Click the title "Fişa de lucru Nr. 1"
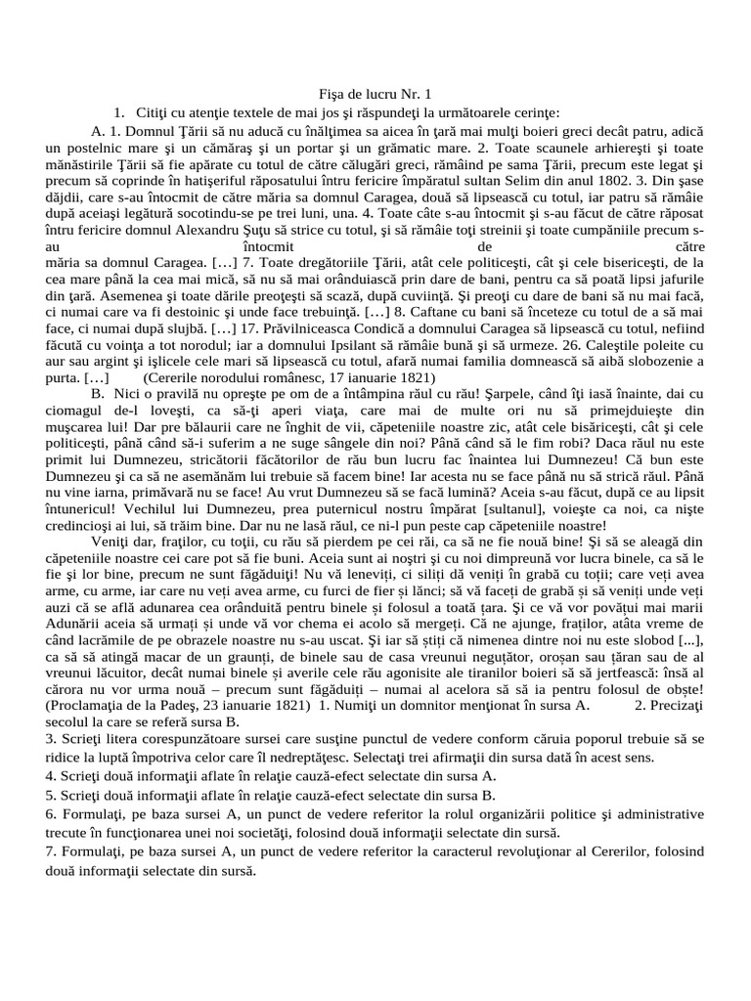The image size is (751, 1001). [x=375, y=95]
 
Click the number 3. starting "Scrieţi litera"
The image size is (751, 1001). [x=50, y=741]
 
